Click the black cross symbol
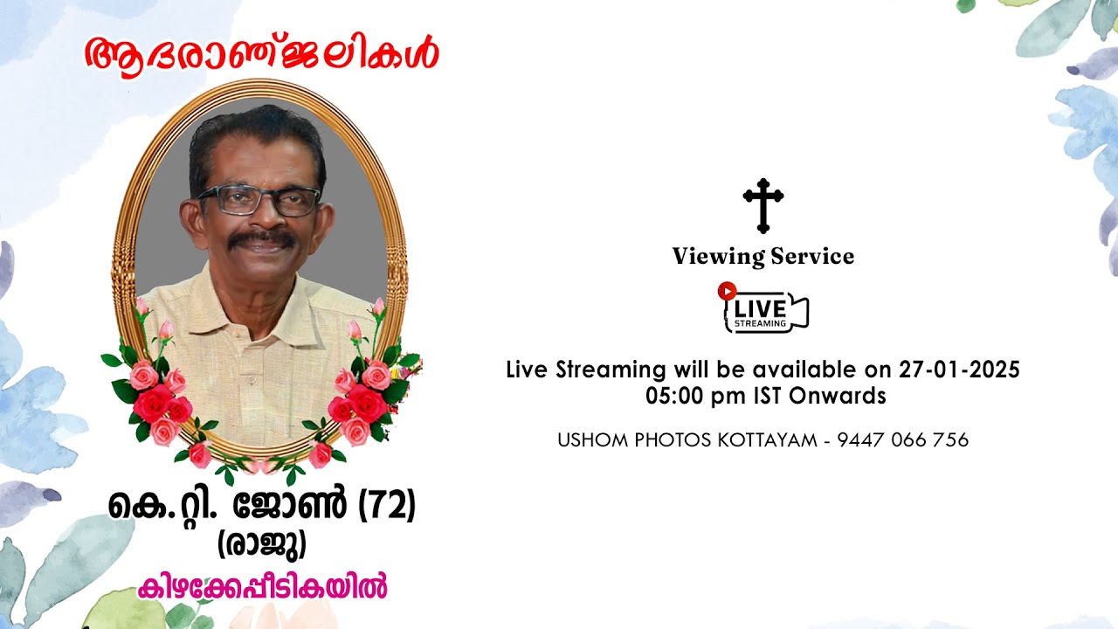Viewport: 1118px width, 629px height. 763,205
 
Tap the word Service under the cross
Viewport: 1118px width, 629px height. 812,257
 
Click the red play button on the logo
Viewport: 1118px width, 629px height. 727,291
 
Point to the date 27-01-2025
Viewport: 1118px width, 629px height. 959,370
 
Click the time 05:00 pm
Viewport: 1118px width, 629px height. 696,396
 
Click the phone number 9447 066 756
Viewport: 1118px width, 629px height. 902,440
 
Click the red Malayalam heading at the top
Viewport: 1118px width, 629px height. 261,54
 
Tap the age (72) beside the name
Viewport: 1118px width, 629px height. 387,507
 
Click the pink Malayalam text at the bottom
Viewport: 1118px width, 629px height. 262,586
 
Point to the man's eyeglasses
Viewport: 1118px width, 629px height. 259,201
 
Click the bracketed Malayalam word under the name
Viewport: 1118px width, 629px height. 261,545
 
